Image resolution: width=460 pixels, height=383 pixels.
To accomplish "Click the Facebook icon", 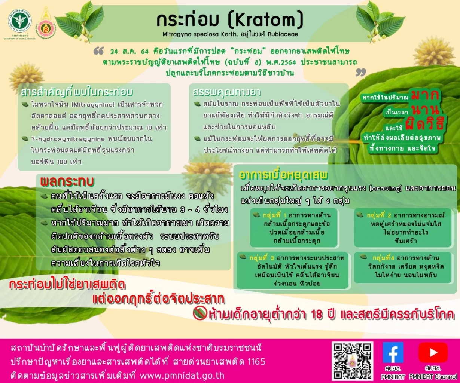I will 393,353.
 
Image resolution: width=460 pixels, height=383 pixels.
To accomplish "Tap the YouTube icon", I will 433,353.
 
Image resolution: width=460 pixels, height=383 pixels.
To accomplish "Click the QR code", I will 352,361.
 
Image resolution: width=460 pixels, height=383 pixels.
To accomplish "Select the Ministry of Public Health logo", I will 20,20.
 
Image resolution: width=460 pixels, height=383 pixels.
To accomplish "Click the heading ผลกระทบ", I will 67,182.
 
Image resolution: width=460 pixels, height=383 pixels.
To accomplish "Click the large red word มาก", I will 425,95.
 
